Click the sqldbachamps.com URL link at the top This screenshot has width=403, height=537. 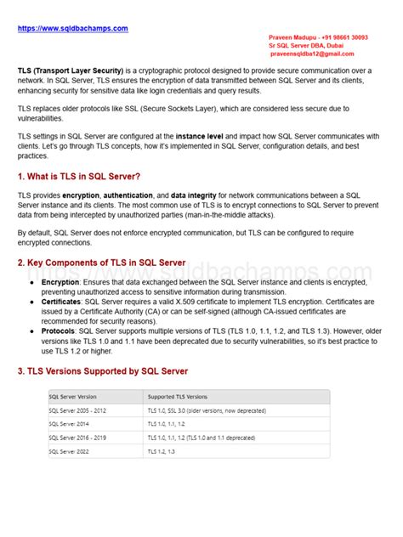tap(72, 28)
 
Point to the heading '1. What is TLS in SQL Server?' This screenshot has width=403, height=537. tap(79, 176)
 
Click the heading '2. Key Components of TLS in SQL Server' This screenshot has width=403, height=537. tap(101, 263)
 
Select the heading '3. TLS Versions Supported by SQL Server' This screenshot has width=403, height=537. tap(103, 371)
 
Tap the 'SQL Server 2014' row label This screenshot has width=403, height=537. tap(69, 423)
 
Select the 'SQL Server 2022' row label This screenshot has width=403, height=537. tap(69, 450)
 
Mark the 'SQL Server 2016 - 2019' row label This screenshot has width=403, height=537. tap(79, 437)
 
